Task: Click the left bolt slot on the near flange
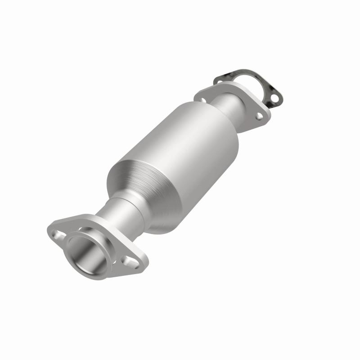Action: coord(58,234)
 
